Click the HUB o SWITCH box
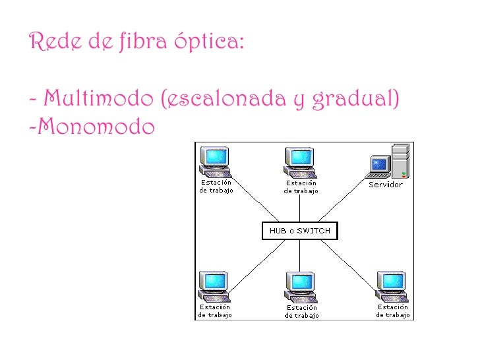coord(300,231)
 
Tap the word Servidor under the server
coord(385,185)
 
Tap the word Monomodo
coord(96,126)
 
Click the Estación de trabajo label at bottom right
coord(393,311)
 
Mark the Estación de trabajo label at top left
coord(216,187)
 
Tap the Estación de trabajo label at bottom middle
coord(301,311)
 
